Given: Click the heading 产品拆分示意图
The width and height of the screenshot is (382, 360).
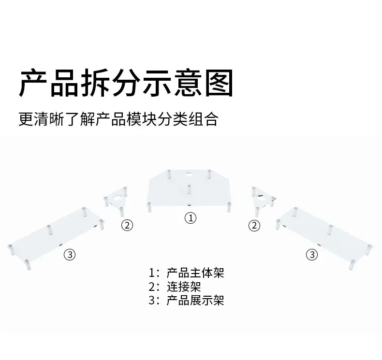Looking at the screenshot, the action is coord(126,83).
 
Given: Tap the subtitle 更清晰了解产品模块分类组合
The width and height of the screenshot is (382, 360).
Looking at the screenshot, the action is coord(118,119).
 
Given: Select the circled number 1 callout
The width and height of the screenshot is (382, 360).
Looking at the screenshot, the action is coord(191,218).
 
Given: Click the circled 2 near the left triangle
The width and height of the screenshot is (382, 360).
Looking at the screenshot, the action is coord(127,225).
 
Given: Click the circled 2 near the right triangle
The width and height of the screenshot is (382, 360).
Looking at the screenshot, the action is coord(254,225).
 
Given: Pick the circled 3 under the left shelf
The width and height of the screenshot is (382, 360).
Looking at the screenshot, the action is coord(70,255).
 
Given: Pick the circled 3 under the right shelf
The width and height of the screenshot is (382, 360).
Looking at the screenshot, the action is coord(312,255).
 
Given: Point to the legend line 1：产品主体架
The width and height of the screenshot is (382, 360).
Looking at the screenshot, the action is coord(186,273).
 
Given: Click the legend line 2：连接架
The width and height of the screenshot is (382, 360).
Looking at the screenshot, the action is coord(175,287).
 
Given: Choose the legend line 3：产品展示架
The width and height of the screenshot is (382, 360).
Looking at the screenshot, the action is coord(186,301).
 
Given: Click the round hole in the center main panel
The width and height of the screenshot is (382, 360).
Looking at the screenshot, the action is coord(189,174).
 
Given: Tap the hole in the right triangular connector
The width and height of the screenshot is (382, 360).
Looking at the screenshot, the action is coord(261,198).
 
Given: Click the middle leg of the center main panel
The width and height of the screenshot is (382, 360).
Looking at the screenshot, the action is coord(189,189).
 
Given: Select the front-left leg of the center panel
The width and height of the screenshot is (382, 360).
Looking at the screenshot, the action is coord(149,207).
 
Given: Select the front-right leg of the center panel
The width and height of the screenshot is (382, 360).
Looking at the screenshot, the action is coord(229,207).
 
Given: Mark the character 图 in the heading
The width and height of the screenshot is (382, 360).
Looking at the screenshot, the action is coord(219,83).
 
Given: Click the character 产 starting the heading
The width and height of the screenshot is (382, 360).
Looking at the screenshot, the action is coord(33,83).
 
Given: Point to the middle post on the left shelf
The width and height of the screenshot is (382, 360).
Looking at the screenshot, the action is coord(49,230).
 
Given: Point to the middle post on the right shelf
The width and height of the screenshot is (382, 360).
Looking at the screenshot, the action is coord(331,230).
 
